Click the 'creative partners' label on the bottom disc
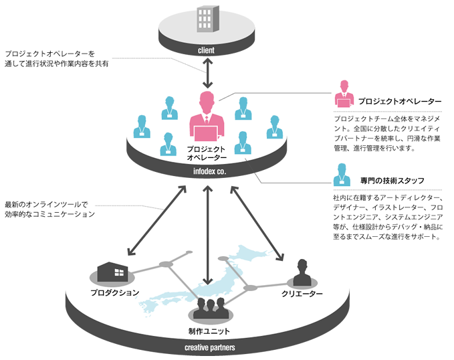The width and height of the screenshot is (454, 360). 209,347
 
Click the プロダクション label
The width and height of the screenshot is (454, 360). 115,292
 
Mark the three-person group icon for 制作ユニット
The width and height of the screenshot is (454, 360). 209,309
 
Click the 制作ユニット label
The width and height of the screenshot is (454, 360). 210,331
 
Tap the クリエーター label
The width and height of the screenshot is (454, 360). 302,294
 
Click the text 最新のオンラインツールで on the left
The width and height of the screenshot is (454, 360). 46,204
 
